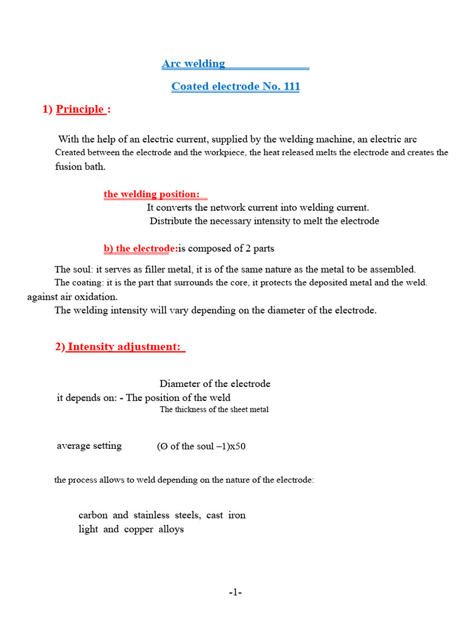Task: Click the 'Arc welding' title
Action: click(194, 64)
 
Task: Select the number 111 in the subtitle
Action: click(291, 87)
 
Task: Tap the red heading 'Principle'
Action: click(80, 110)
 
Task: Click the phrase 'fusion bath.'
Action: click(80, 166)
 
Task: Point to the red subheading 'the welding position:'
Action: click(152, 194)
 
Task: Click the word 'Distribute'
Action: click(171, 221)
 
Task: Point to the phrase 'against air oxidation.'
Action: click(73, 297)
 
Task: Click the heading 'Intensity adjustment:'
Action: click(124, 347)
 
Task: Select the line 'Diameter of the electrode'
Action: click(215, 384)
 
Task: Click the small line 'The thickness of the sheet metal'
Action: click(214, 410)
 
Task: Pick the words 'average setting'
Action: click(89, 446)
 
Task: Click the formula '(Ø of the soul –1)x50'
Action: click(201, 447)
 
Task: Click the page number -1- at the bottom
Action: click(235, 592)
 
